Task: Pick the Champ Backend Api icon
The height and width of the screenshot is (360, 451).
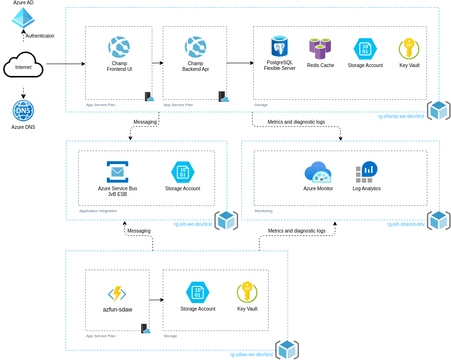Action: (x=196, y=46)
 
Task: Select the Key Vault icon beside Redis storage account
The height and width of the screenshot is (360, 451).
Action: (x=409, y=48)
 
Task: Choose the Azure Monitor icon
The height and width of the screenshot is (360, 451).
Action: (x=317, y=171)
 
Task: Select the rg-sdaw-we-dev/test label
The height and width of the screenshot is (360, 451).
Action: (x=250, y=354)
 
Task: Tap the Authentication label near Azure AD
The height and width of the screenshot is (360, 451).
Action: (x=41, y=36)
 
